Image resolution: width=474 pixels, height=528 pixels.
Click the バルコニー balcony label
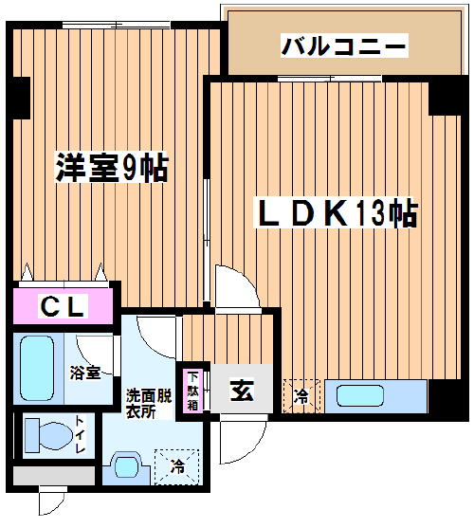[344, 46]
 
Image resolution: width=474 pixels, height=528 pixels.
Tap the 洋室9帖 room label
[112, 168]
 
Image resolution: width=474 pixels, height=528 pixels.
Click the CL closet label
[63, 306]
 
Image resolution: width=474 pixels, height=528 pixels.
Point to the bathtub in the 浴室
[37, 368]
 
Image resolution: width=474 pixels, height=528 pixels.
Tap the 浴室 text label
[85, 373]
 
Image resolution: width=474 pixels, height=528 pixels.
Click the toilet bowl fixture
[48, 435]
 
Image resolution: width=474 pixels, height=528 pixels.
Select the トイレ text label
[81, 434]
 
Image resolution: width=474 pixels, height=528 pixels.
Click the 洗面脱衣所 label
[149, 403]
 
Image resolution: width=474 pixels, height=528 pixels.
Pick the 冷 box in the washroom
[177, 466]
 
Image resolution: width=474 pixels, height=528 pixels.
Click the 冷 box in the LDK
[301, 396]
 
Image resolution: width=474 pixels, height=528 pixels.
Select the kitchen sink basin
[360, 396]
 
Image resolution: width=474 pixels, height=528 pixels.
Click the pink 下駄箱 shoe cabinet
[192, 391]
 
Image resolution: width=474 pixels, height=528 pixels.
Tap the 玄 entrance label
[242, 391]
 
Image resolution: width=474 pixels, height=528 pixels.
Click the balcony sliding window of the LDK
[330, 79]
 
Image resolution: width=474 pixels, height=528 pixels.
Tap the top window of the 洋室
[117, 26]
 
